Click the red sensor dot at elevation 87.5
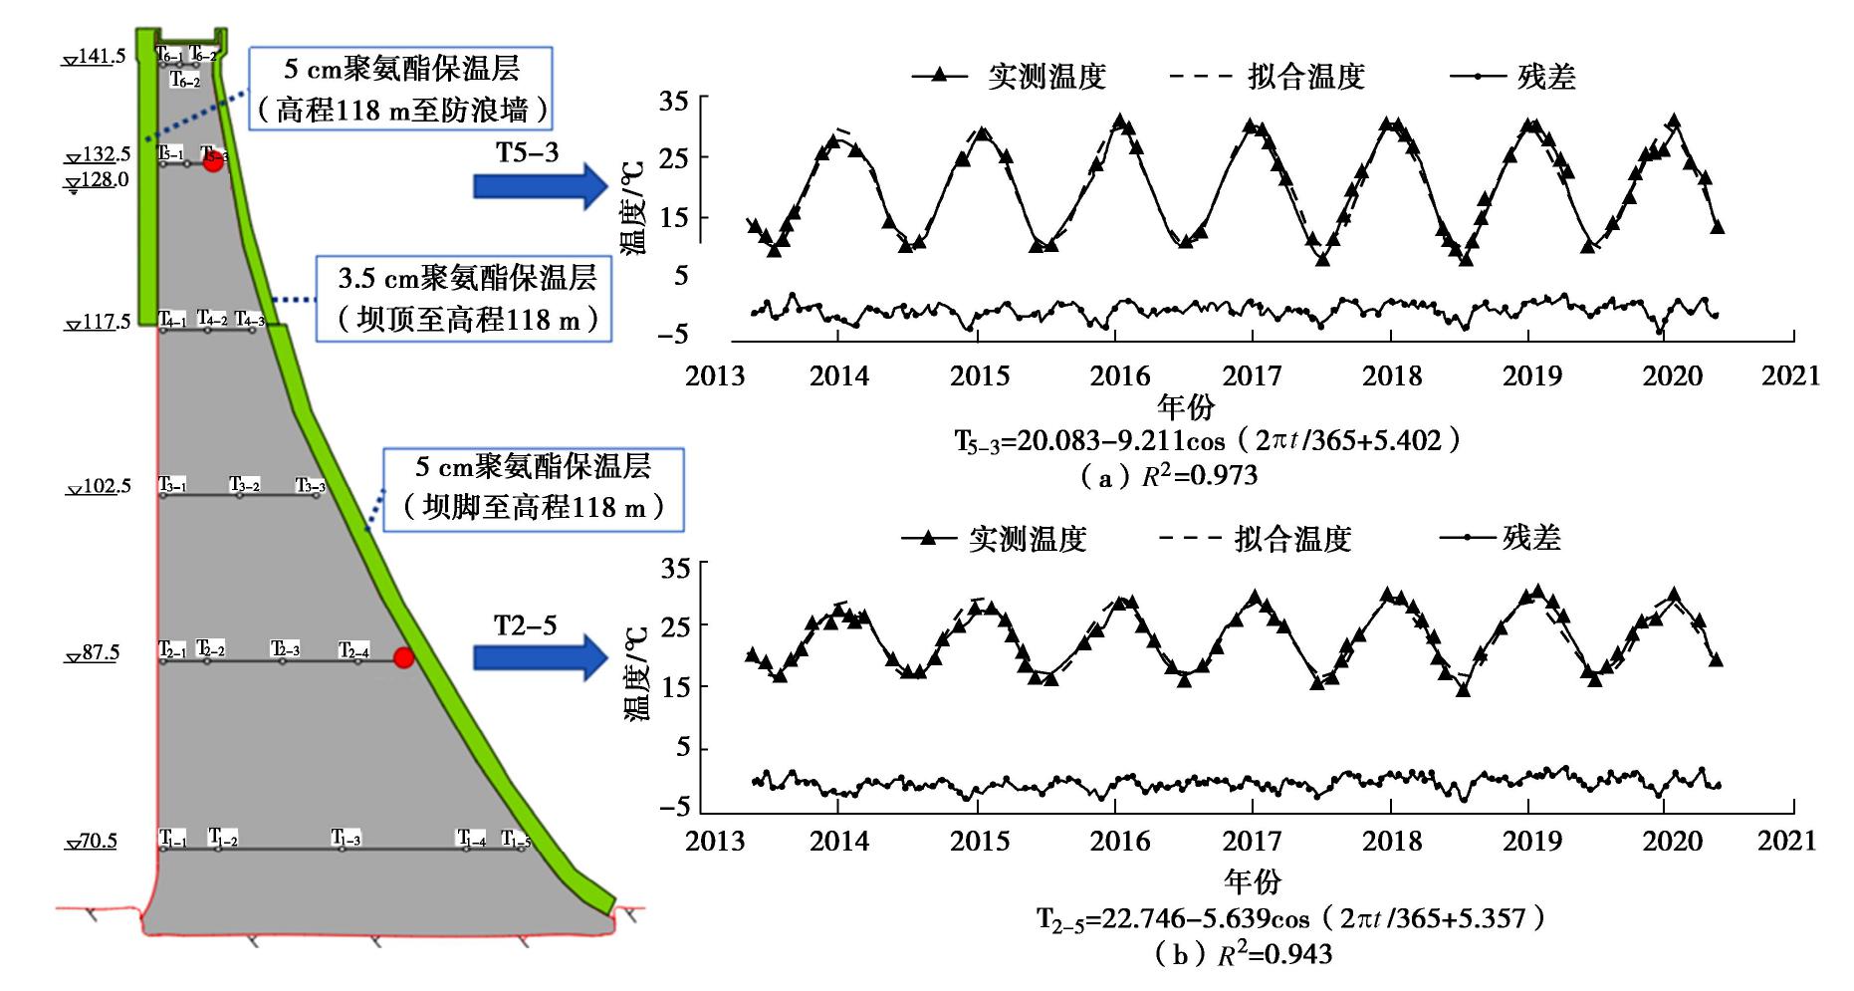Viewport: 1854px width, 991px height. [402, 657]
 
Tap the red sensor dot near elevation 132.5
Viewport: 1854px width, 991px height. [213, 162]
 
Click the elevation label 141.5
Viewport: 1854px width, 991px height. [96, 56]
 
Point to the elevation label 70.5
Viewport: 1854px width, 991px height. [92, 842]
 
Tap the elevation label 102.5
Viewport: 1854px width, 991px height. [99, 487]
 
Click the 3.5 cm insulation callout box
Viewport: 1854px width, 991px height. [463, 299]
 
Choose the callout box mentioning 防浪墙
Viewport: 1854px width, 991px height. [400, 90]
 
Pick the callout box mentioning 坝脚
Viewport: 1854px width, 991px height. [534, 488]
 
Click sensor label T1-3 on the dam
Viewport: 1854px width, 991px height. [346, 838]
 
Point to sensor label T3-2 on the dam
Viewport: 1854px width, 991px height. [245, 485]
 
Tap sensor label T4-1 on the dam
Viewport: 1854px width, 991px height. [172, 320]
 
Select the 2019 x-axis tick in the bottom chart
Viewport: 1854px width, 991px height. [1532, 841]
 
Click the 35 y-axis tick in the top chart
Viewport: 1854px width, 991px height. [674, 102]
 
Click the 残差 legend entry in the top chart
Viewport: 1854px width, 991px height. [1512, 77]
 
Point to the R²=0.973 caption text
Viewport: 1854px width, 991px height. [1169, 476]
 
